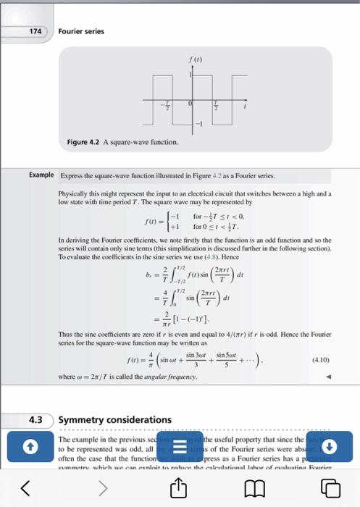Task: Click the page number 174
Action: [35, 31]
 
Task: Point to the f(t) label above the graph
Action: [192, 61]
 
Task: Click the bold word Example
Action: [41, 175]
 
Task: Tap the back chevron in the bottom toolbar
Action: [25, 489]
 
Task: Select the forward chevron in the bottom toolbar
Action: [102, 489]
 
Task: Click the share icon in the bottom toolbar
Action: [180, 489]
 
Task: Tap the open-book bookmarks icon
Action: [257, 489]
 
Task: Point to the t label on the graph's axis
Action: [245, 107]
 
